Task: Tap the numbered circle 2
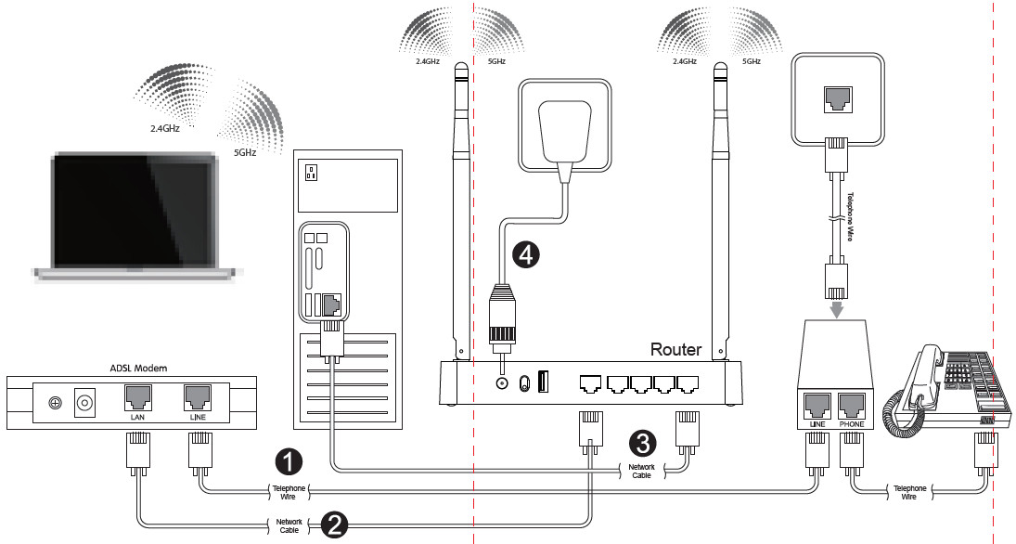[x=332, y=525]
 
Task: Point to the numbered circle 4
[x=526, y=254]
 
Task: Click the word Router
[x=675, y=349]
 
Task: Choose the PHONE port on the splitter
[x=853, y=405]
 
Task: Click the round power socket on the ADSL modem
[x=86, y=403]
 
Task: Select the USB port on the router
[x=543, y=382]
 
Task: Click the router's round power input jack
[x=502, y=382]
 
